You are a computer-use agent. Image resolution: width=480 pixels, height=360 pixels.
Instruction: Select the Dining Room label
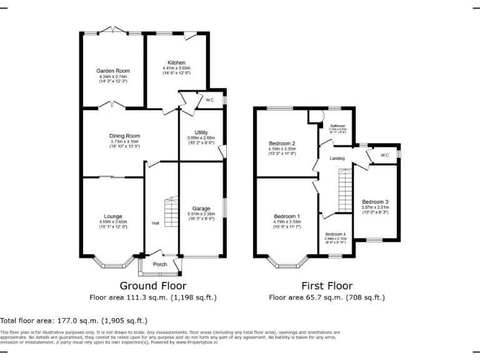click(125, 136)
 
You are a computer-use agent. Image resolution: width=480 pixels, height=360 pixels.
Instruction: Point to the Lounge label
click(112, 216)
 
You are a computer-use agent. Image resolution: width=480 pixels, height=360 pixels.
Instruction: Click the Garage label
click(201, 208)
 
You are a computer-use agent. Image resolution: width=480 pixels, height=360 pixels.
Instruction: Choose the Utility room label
click(201, 132)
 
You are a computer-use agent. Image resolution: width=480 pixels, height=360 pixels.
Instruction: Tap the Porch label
click(160, 264)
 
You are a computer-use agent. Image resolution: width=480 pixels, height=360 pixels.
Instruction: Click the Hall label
click(156, 223)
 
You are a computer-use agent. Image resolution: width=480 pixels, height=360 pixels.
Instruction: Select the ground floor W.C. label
click(210, 100)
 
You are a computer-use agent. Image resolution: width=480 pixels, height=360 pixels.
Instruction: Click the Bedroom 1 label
click(287, 216)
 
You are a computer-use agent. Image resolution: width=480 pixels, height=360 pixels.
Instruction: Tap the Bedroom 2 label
click(282, 143)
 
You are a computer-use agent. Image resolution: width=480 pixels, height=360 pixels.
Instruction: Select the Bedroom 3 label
click(376, 202)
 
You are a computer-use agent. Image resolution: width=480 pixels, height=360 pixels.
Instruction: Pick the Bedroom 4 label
click(335, 234)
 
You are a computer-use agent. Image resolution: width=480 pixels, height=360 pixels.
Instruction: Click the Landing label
click(337, 159)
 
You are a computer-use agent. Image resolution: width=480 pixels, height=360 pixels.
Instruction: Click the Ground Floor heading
click(153, 286)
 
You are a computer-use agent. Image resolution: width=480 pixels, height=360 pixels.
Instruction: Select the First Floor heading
click(327, 286)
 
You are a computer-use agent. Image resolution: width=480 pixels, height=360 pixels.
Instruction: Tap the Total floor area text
click(74, 321)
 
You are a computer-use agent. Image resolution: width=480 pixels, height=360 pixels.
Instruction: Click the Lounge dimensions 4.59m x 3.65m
click(112, 221)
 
